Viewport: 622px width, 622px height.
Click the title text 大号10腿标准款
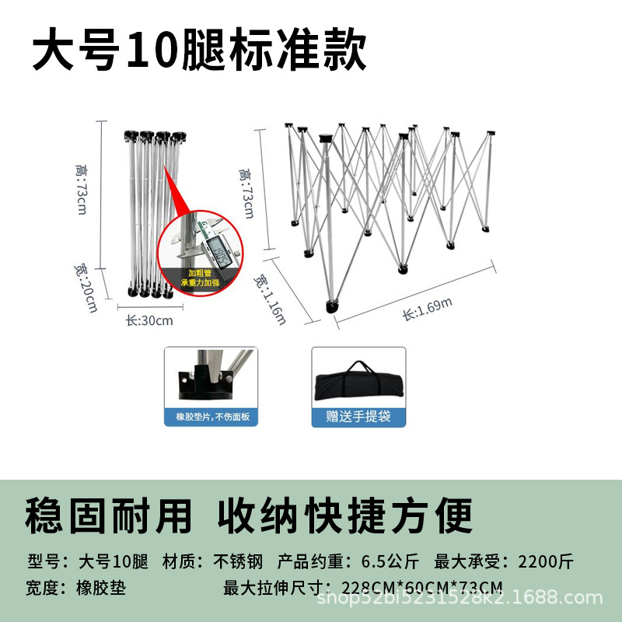point(199,52)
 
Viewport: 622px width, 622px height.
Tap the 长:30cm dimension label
point(149,320)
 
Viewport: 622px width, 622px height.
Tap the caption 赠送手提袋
point(358,417)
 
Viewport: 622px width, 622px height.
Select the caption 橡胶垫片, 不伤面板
point(211,417)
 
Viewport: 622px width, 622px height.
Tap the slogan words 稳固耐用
point(109,515)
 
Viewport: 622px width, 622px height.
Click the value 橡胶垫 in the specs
point(100,585)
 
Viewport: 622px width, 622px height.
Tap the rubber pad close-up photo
point(211,377)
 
